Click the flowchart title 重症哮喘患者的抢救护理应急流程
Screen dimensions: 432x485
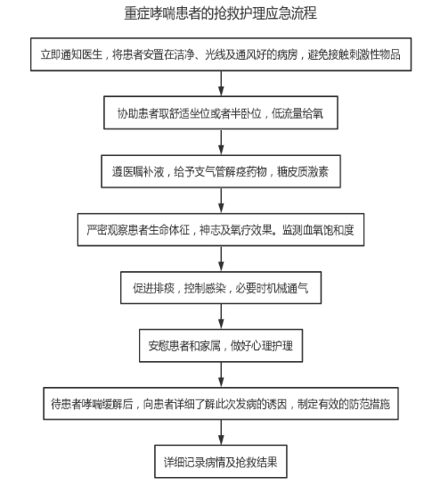pyautogui.click(x=220, y=13)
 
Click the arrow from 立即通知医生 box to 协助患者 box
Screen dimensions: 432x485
pyautogui.click(x=221, y=84)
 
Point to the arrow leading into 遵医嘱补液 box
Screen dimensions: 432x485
pyautogui.click(x=221, y=142)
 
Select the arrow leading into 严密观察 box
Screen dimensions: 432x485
pyautogui.click(x=221, y=201)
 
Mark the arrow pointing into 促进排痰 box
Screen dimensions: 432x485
pyautogui.click(x=221, y=259)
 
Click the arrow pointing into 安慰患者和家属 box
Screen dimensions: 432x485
pyautogui.click(x=221, y=316)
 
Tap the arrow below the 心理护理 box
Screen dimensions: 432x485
pyautogui.click(x=221, y=374)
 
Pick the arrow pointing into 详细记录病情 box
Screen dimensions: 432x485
pyautogui.click(x=221, y=432)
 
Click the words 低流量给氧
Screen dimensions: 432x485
pyautogui.click(x=298, y=113)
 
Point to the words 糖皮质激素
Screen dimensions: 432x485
pyautogui.click(x=303, y=172)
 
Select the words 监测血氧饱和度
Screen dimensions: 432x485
pyautogui.click(x=318, y=230)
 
